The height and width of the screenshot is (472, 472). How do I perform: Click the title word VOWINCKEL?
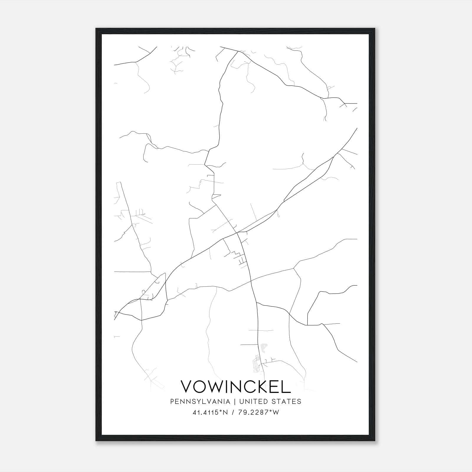(x=235, y=386)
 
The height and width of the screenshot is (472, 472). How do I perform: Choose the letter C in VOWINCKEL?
(x=245, y=386)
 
